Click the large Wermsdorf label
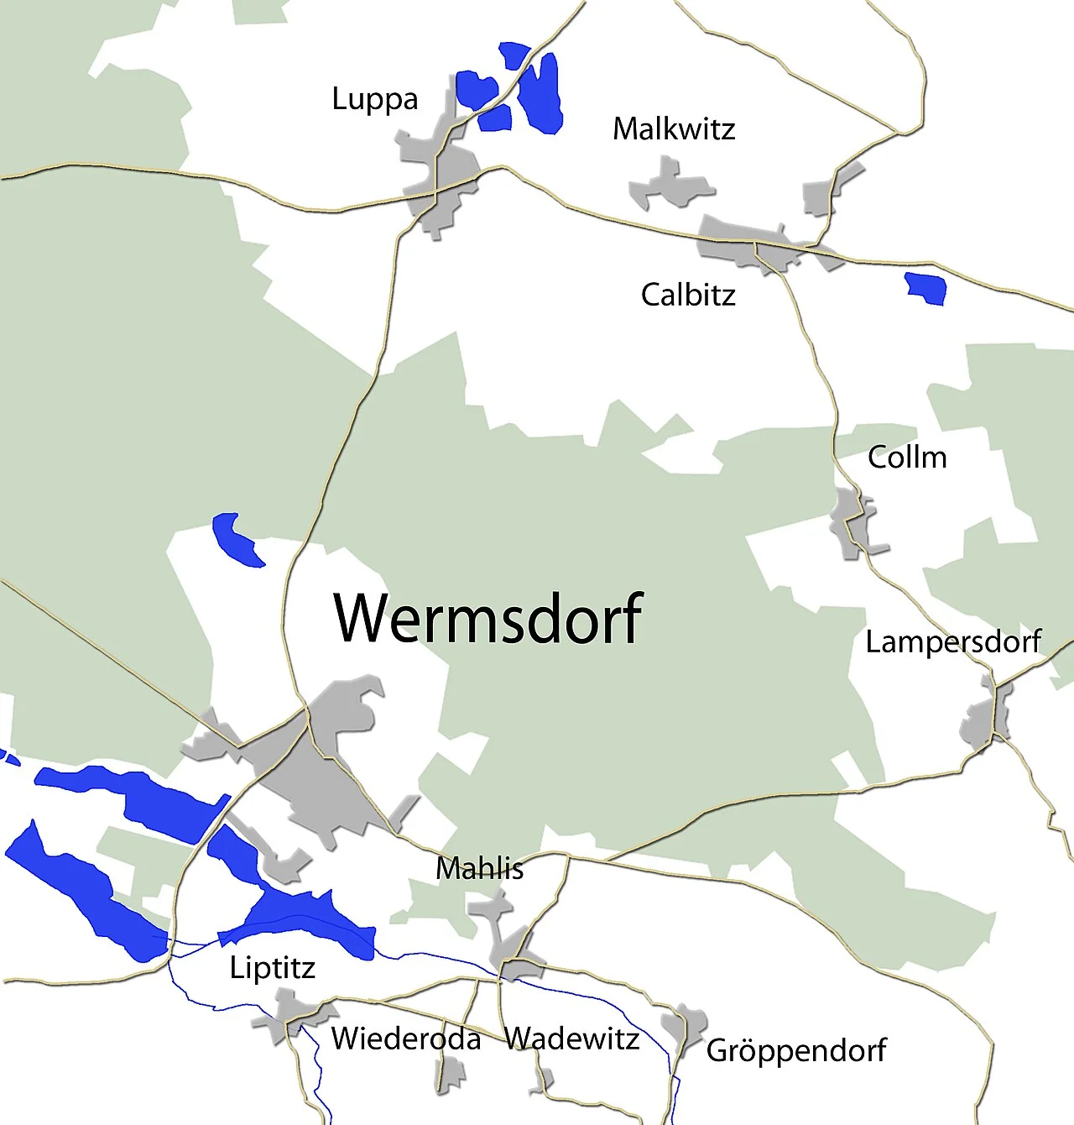488,618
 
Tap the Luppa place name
374,100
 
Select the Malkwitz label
673,129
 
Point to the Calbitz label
688,295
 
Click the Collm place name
907,458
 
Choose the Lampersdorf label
953,642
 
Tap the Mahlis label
479,868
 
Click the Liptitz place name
272,968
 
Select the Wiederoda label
406,1039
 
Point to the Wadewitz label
571,1039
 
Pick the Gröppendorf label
795,1050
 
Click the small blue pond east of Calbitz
926,287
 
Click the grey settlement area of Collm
849,525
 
